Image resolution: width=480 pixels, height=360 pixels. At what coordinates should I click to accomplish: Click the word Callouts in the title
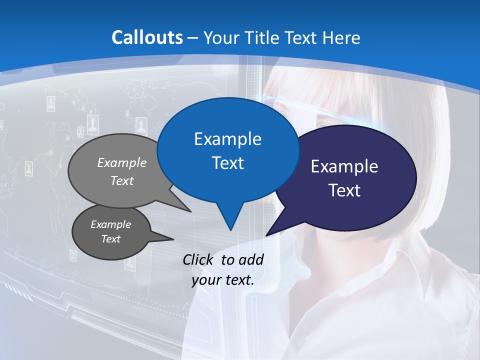(x=147, y=37)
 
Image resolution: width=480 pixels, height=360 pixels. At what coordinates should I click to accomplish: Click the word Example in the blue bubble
(x=227, y=139)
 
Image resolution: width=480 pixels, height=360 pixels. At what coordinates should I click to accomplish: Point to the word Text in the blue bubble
(x=227, y=162)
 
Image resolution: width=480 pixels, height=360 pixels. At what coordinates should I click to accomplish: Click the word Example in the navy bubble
(x=344, y=166)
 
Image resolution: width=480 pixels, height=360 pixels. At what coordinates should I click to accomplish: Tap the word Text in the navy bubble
(x=344, y=190)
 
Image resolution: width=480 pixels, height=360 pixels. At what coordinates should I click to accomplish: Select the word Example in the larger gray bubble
(x=122, y=162)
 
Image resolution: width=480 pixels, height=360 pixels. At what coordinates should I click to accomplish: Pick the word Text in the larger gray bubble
(x=122, y=180)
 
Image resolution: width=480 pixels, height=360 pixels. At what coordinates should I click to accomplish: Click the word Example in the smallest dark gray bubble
(x=110, y=224)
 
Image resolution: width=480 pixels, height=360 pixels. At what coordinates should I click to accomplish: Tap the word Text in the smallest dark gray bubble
(x=110, y=239)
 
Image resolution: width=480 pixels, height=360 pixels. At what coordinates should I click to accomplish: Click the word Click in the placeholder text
(x=199, y=259)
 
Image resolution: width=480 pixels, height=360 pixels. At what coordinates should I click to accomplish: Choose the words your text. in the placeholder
(x=223, y=280)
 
